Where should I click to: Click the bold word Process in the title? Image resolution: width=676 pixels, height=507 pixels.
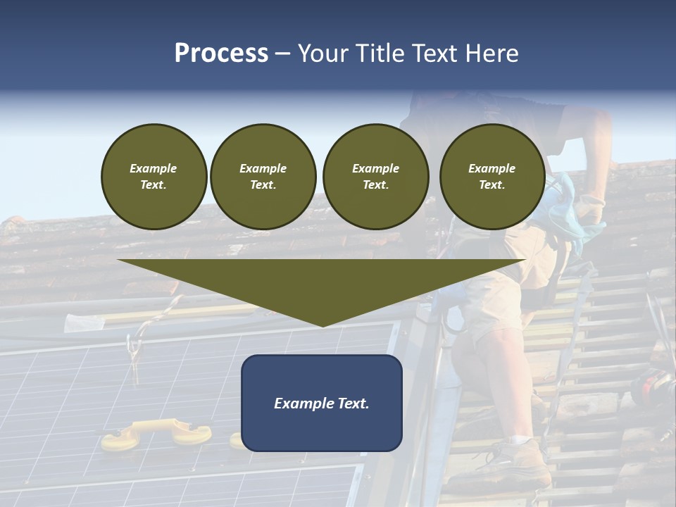pos(221,54)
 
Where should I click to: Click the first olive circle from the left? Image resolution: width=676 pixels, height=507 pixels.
pos(154,177)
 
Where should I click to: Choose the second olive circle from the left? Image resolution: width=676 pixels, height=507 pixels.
pos(263,177)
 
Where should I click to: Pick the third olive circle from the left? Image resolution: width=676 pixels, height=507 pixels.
pos(375,177)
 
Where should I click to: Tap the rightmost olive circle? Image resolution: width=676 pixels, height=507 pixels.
pos(492,177)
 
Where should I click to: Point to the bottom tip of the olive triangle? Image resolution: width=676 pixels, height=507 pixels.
pos(323,326)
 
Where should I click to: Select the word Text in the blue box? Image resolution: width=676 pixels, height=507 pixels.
pos(352,403)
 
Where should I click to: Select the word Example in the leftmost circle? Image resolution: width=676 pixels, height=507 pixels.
pos(154,168)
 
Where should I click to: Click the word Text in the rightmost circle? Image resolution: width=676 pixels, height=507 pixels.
pos(492,184)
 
